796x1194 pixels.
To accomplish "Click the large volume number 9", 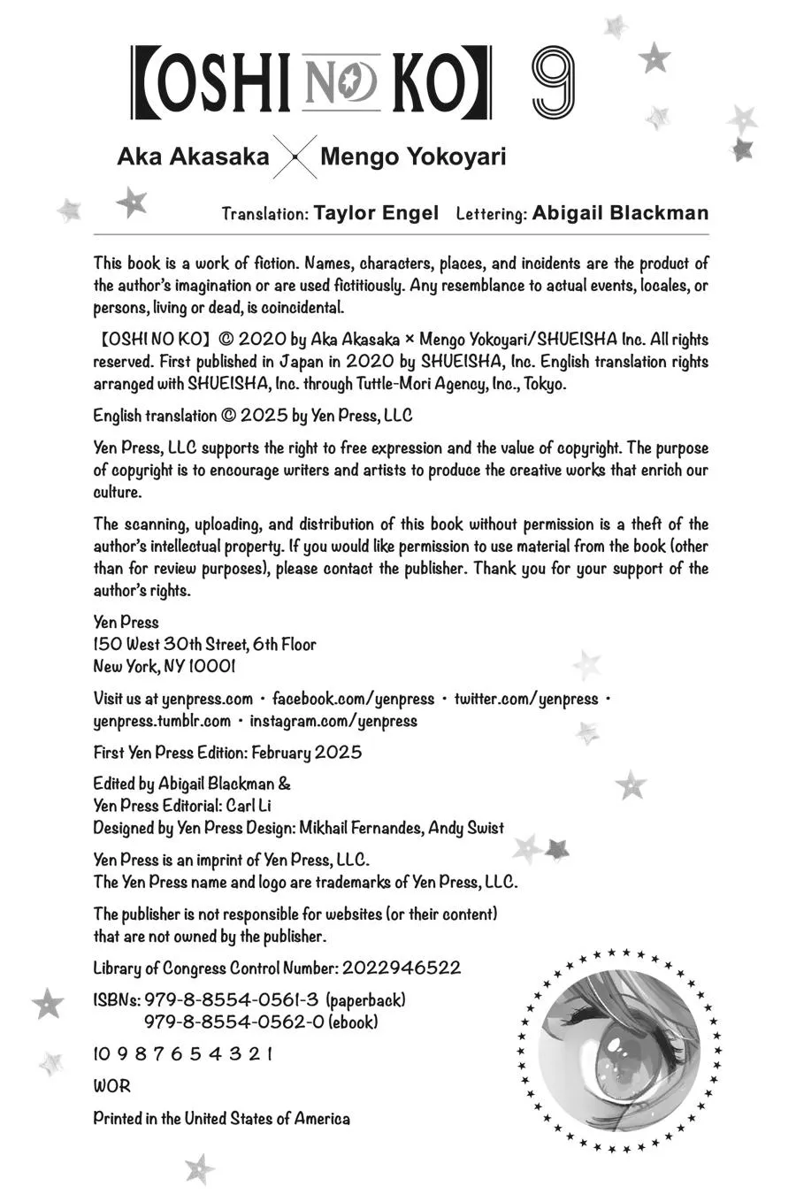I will pos(554,83).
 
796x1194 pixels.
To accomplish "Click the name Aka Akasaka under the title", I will pos(193,157).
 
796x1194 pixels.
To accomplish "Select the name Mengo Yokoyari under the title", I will pos(413,157).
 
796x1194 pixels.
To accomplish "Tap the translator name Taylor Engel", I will pos(376,213).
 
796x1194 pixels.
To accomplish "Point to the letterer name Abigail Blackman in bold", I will pos(620,213).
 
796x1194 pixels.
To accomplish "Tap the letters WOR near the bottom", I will pos(111,1086).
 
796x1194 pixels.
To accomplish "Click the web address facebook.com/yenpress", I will pos(353,699).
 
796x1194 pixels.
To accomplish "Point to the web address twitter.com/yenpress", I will pos(526,699).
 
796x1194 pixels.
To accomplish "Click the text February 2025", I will pos(306,753).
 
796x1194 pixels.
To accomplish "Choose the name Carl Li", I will pos(249,806).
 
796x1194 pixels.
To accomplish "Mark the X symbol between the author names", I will pos(295,158).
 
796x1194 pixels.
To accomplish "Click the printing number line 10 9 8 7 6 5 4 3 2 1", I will pos(182,1054).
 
